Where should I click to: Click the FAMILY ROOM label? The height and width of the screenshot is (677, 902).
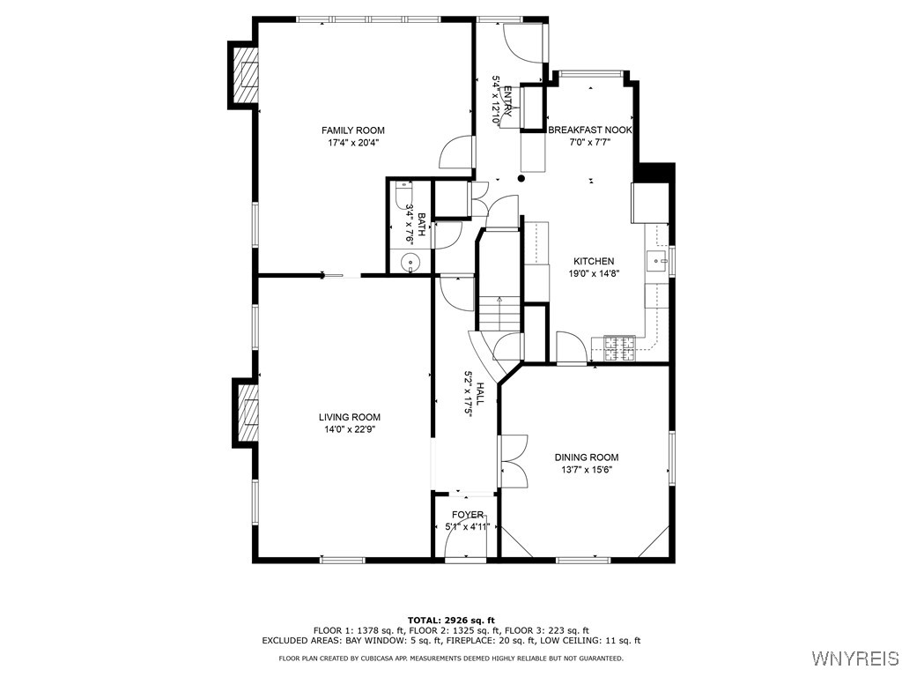[352, 130]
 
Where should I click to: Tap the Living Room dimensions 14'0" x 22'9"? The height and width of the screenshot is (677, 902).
[350, 430]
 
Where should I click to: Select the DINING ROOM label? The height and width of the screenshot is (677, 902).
[586, 458]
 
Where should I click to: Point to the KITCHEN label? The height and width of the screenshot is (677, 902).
[594, 262]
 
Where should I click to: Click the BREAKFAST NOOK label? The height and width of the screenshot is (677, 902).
[589, 130]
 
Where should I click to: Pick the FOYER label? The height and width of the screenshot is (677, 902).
[467, 515]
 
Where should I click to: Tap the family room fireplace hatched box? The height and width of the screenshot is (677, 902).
[247, 77]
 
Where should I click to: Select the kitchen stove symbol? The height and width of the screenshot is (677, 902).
[618, 348]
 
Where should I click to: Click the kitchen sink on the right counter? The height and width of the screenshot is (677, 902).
[655, 261]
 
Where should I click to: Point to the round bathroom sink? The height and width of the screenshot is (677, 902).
[411, 262]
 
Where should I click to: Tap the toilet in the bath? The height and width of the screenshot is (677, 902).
[403, 189]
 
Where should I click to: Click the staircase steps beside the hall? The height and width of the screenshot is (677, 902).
[499, 312]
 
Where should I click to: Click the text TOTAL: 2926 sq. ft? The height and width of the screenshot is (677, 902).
[451, 620]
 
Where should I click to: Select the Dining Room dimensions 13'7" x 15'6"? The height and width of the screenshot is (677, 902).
[586, 470]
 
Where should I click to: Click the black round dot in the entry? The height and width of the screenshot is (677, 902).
[521, 178]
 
